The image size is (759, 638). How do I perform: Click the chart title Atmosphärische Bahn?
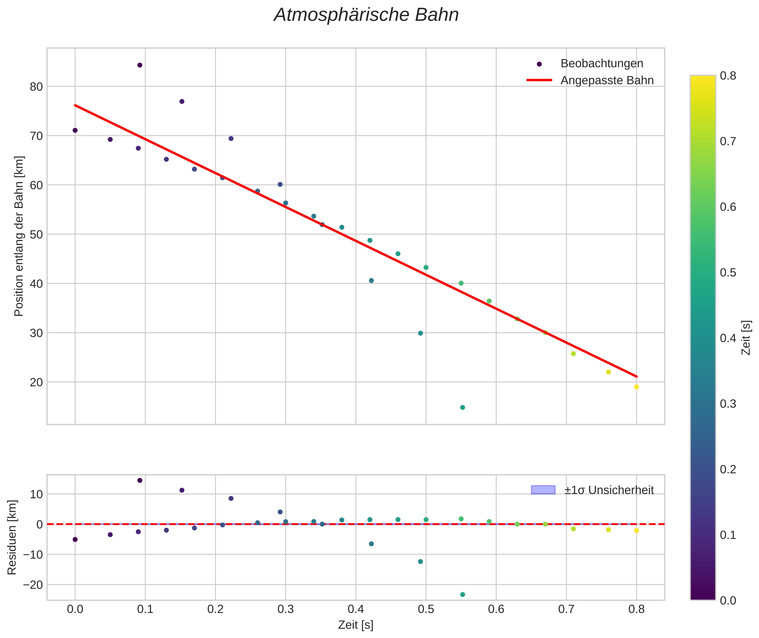(366, 15)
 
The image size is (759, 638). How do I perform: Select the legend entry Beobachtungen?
(601, 64)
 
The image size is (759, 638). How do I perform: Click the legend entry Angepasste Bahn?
(607, 80)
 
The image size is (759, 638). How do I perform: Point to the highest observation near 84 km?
(140, 65)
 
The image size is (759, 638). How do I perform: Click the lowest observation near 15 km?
(463, 408)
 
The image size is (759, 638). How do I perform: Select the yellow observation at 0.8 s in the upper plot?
(636, 387)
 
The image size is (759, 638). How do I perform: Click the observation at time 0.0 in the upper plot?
(75, 130)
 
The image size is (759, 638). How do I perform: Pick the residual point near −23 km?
(463, 595)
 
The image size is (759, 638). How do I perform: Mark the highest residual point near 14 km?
(140, 480)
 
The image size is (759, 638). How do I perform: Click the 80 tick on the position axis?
(36, 87)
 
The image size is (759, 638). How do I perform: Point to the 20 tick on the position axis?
(36, 382)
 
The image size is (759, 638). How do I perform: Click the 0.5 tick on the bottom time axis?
(426, 609)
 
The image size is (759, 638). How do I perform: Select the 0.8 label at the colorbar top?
(727, 76)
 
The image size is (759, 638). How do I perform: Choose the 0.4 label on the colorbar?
(727, 338)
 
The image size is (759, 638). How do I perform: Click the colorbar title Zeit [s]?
(746, 338)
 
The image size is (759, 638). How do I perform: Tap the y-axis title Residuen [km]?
(12, 537)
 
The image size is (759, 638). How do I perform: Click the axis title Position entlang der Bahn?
(19, 236)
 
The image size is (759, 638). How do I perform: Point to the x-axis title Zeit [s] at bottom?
(356, 625)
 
